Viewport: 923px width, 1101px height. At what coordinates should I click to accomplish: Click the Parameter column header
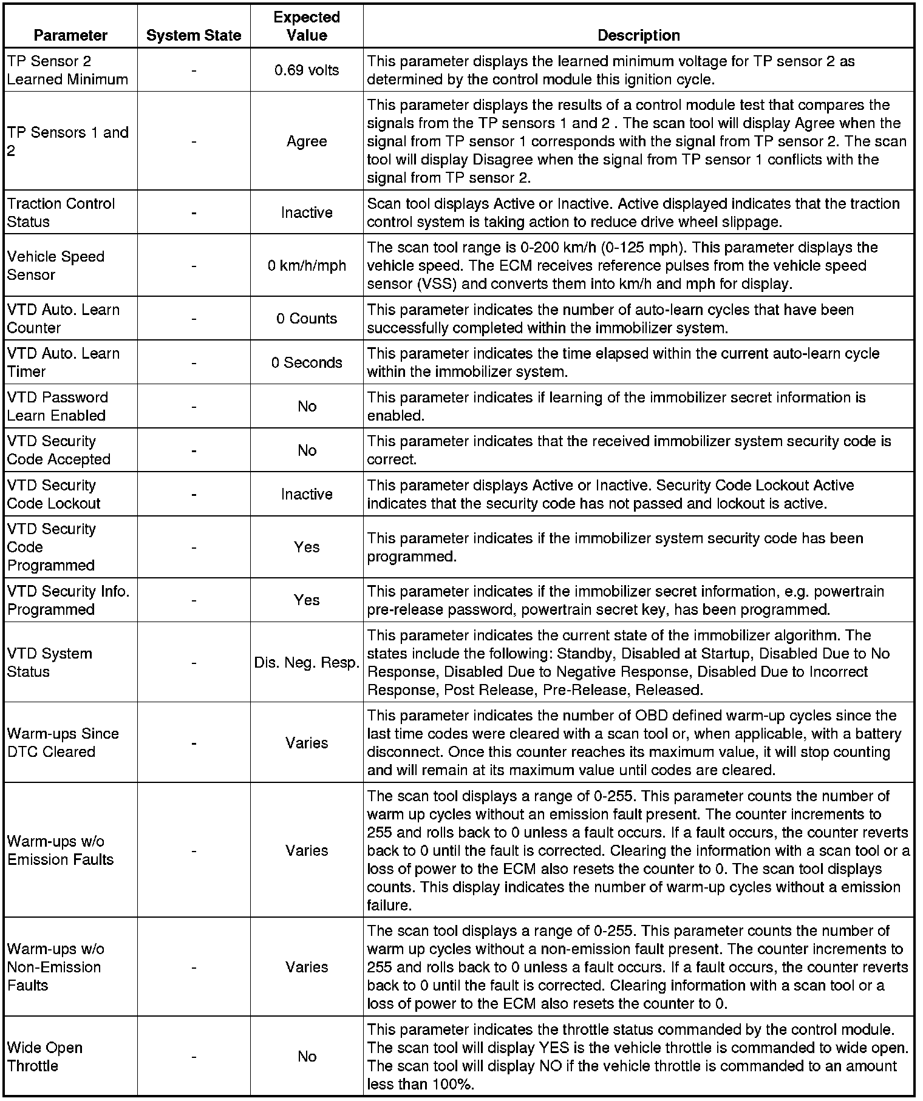(x=70, y=35)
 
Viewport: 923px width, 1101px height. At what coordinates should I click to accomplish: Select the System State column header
(x=194, y=36)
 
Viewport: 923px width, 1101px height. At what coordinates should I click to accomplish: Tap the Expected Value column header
(x=307, y=26)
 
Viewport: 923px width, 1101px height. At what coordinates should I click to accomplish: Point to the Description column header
(x=638, y=35)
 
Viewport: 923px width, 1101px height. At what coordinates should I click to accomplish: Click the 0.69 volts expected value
(x=307, y=70)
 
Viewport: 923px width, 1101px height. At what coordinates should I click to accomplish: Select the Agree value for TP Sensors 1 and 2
(x=307, y=141)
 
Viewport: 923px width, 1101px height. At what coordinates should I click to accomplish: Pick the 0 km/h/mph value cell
(x=307, y=266)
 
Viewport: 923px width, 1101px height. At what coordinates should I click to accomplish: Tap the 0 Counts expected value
(x=307, y=319)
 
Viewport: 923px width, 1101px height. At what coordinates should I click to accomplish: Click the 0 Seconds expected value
(x=307, y=362)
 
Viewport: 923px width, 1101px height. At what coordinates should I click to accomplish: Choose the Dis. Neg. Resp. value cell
(x=307, y=663)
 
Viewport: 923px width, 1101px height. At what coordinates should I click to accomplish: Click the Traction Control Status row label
(x=61, y=212)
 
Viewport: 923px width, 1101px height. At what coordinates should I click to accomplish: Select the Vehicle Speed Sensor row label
(x=56, y=266)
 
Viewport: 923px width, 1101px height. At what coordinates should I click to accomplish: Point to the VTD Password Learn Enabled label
(x=58, y=407)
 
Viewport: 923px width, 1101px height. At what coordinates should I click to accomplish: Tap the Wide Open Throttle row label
(x=45, y=1057)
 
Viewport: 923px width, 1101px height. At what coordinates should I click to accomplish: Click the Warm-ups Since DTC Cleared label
(x=63, y=742)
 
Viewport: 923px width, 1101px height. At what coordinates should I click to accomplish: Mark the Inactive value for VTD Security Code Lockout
(x=307, y=494)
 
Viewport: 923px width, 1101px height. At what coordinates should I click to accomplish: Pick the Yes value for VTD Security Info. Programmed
(x=307, y=600)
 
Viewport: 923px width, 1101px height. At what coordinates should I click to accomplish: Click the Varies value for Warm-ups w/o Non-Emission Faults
(x=307, y=967)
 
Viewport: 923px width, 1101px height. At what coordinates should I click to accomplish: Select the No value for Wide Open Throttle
(x=307, y=1057)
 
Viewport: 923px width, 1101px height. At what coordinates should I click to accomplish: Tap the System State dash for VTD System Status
(x=194, y=663)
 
